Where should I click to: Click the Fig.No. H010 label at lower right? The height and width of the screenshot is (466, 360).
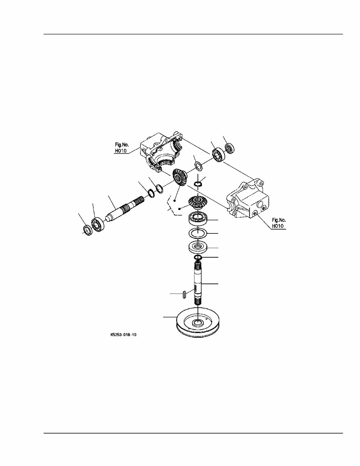pos(279,223)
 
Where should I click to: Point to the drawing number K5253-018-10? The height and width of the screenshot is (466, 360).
pos(123,341)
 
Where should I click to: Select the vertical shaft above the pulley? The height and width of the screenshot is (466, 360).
pos(198,283)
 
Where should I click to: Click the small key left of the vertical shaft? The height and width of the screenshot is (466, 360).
pos(184,294)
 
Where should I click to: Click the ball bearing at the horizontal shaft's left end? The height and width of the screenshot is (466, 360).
pos(97,225)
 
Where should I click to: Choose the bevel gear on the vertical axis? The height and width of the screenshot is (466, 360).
pos(197,203)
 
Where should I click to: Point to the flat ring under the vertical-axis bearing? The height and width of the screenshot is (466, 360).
pos(197,233)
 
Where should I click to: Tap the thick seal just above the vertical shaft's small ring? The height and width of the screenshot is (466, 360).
pos(198,247)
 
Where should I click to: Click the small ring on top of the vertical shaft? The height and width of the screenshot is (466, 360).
pos(198,257)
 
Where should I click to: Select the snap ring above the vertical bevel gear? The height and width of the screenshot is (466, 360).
pos(198,184)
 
